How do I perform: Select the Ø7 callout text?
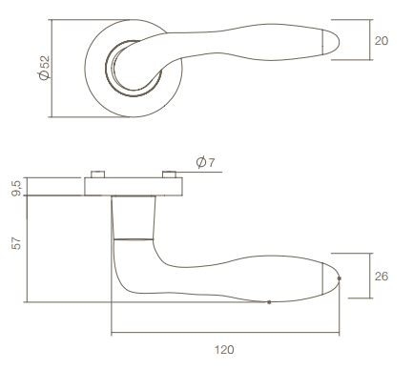(205, 162)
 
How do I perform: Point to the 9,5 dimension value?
(13, 186)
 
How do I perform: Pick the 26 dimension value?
(382, 277)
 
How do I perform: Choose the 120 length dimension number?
(224, 350)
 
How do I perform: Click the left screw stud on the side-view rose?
(96, 175)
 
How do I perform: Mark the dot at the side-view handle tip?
(340, 278)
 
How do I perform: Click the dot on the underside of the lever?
(270, 302)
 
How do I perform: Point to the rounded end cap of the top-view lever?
(331, 40)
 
